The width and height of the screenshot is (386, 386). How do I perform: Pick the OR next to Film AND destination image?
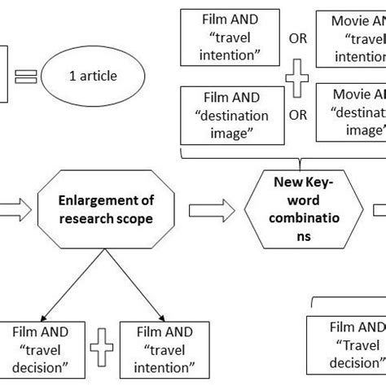click(x=298, y=114)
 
